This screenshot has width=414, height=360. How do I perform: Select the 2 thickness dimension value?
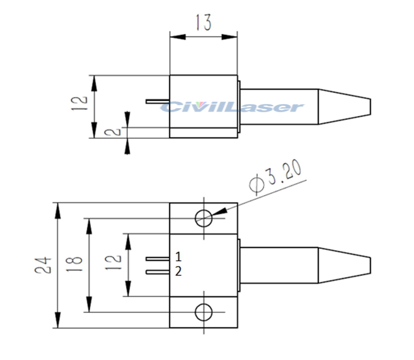(115, 132)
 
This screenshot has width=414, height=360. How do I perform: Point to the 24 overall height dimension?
(44, 266)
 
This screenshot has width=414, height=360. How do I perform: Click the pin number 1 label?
(178, 256)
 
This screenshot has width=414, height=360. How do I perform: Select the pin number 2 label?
(178, 272)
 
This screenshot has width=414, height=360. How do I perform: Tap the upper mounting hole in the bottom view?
(204, 218)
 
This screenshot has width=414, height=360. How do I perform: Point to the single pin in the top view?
(157, 101)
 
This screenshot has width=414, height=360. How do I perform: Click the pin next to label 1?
(157, 259)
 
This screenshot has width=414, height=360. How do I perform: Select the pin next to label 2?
(157, 272)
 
